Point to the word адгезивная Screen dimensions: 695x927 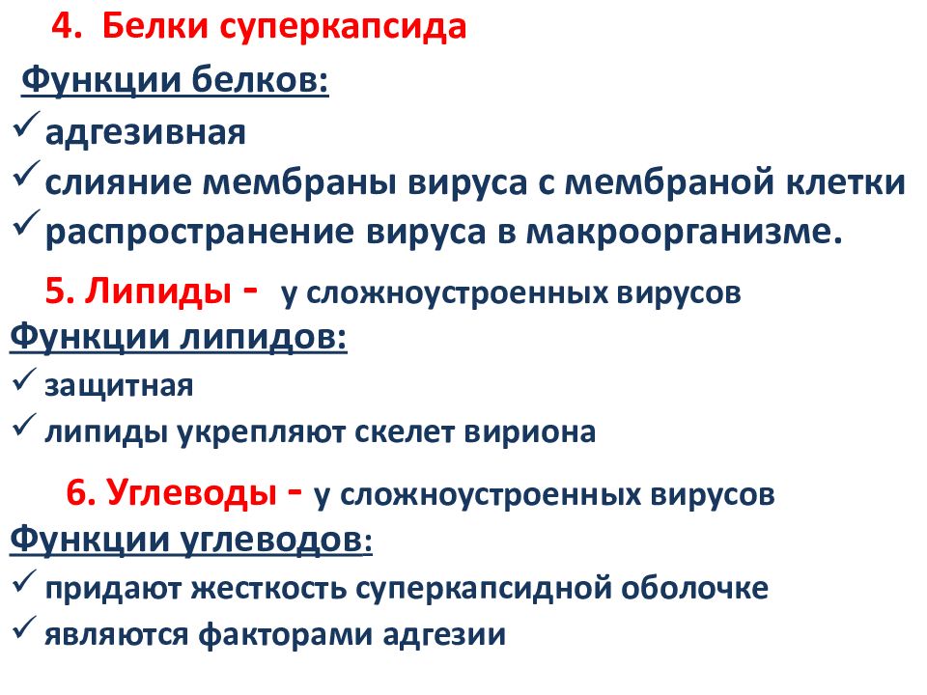pos(146,131)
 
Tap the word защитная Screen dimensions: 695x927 pos(119,386)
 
